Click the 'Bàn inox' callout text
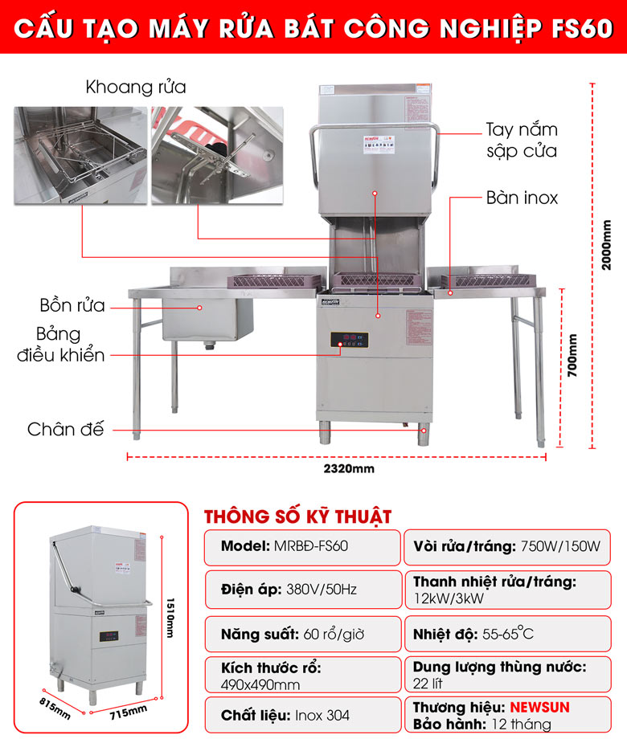click(x=522, y=197)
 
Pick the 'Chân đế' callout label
click(x=65, y=429)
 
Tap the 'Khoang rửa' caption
click(x=135, y=87)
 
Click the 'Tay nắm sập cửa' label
click(x=521, y=140)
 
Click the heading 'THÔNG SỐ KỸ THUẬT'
click(x=297, y=516)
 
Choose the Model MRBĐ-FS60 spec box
click(x=301, y=546)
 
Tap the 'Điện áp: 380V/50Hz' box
click(x=301, y=590)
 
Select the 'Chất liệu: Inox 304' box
click(x=301, y=715)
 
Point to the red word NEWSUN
click(x=543, y=708)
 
